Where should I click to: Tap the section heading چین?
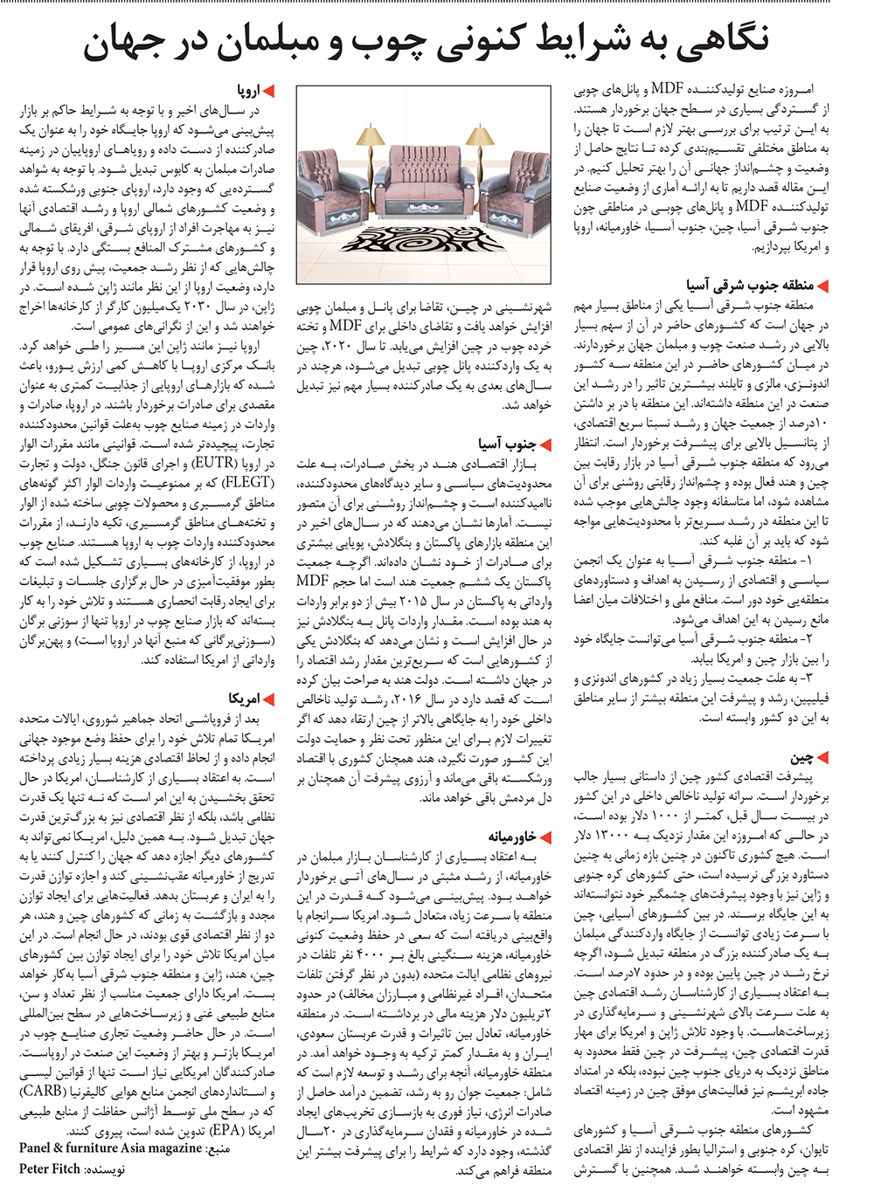click(x=801, y=757)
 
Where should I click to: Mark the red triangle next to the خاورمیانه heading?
click(x=545, y=837)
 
